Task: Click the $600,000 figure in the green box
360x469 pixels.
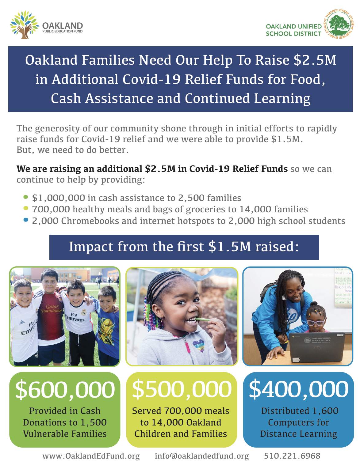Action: pyautogui.click(x=65, y=389)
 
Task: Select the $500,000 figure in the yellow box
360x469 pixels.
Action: pyautogui.click(x=182, y=389)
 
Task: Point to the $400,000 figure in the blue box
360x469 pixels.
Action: pyautogui.click(x=298, y=389)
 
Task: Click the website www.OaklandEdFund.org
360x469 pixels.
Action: pyautogui.click(x=91, y=456)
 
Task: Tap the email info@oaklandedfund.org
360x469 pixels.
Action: pyautogui.click(x=202, y=456)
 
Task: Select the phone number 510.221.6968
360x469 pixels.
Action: pyautogui.click(x=292, y=456)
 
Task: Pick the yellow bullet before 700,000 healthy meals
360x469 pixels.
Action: pyautogui.click(x=26, y=208)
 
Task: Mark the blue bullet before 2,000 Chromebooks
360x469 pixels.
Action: pyautogui.click(x=26, y=220)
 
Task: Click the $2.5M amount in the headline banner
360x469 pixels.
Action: pyautogui.click(x=315, y=60)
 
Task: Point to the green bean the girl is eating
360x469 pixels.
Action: pyautogui.click(x=202, y=320)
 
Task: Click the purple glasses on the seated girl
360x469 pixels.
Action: pyautogui.click(x=316, y=322)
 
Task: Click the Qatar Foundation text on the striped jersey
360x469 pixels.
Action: pyautogui.click(x=52, y=308)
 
